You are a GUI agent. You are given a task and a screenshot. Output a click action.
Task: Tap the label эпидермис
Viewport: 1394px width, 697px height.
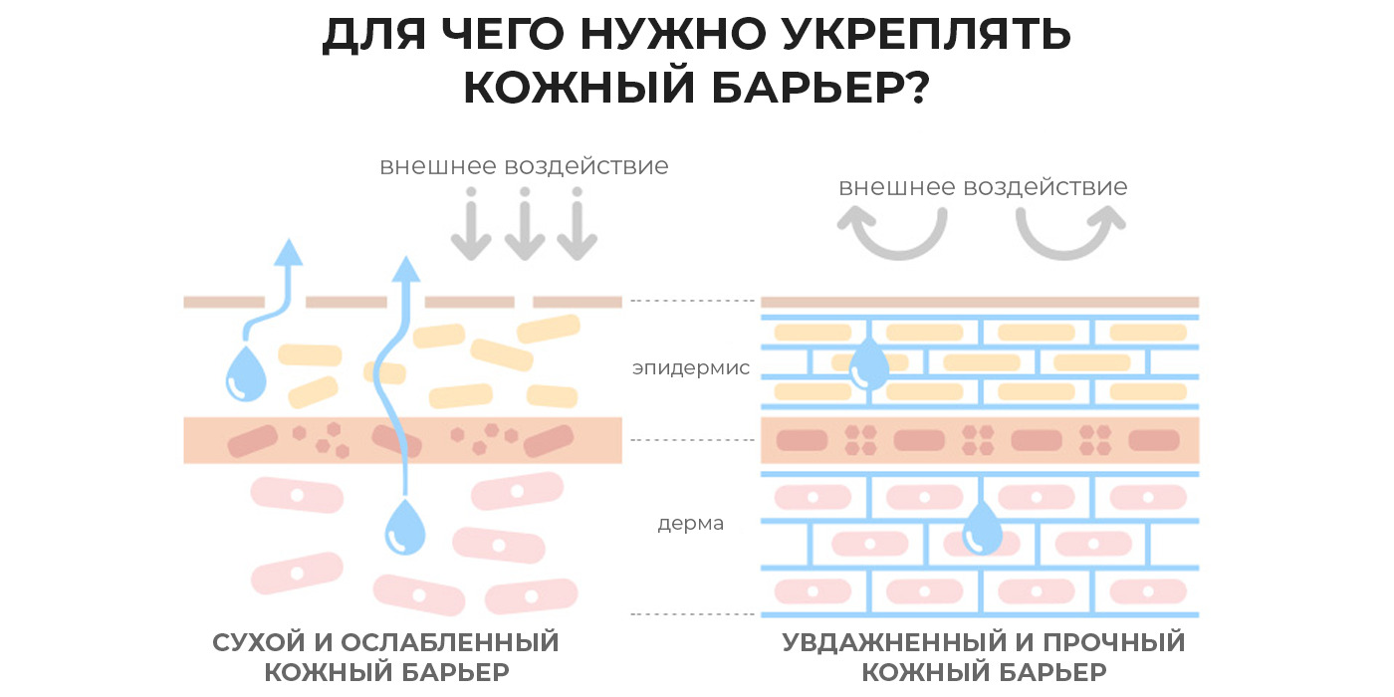point(690,369)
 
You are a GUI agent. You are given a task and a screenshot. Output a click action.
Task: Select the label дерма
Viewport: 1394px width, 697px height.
point(690,523)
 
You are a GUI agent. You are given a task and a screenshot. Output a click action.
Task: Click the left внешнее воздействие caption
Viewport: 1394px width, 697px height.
point(524,165)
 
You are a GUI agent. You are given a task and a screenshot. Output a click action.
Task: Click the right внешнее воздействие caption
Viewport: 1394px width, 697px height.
point(982,187)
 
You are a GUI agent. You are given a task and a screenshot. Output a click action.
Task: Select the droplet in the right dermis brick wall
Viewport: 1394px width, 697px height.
point(984,526)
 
